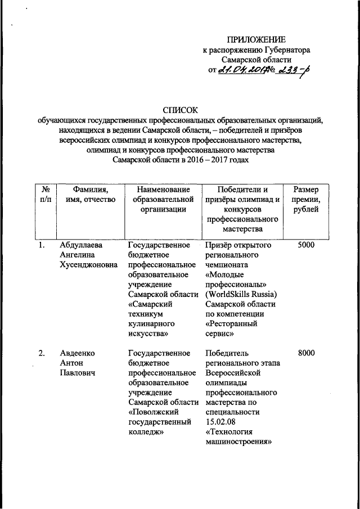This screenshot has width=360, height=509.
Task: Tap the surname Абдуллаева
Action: [x=83, y=246]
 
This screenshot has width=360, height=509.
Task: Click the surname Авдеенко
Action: [x=78, y=353]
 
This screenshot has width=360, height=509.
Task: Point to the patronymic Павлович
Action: [x=77, y=373]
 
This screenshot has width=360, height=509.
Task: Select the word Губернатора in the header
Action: [x=286, y=49]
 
